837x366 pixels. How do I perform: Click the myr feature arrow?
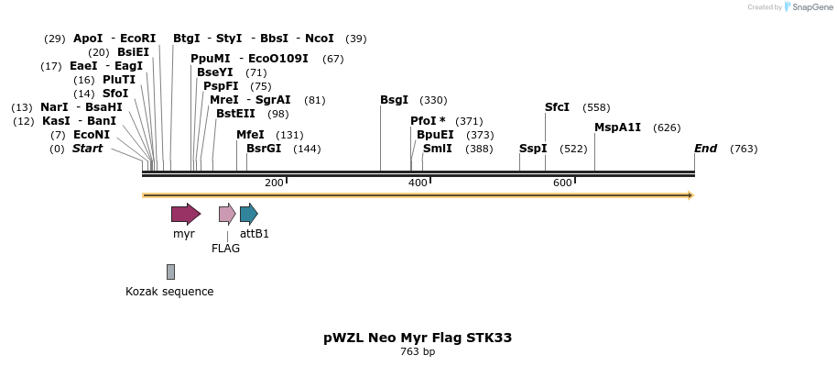tap(185, 215)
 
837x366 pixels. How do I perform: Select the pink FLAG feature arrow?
tap(226, 215)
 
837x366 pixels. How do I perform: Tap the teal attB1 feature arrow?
tap(248, 215)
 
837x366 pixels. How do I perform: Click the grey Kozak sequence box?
tap(170, 272)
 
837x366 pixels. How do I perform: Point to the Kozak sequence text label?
tap(169, 292)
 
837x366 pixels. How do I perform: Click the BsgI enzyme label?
tap(395, 100)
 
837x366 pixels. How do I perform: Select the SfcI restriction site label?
tap(557, 107)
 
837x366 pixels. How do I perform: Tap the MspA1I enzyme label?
tap(617, 128)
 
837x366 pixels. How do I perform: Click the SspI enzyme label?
tap(533, 149)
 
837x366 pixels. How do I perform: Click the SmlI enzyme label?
tap(437, 149)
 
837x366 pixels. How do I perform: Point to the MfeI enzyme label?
tap(250, 135)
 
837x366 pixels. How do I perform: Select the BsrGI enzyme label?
tap(264, 149)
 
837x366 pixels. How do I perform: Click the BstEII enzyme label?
tap(235, 114)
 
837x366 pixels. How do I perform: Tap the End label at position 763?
tap(705, 149)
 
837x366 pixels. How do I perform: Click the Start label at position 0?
tap(88, 149)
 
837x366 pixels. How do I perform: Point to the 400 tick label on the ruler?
tap(418, 183)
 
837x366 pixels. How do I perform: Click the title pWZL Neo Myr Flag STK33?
tap(418, 338)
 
